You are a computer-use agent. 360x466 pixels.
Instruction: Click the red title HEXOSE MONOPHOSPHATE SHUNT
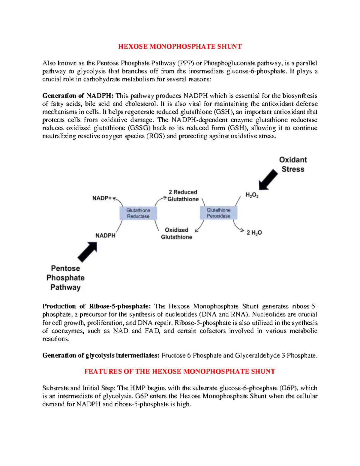point(180,47)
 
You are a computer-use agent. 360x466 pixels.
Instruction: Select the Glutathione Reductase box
point(138,213)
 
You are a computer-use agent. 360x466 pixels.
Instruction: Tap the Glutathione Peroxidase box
point(218,213)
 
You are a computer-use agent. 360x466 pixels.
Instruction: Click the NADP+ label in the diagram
point(102,198)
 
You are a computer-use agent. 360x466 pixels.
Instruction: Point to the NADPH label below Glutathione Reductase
point(105,236)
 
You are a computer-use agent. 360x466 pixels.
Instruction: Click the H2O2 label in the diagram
point(252,195)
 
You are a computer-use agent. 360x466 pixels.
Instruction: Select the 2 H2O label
point(254,233)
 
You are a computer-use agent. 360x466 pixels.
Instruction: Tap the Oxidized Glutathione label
point(176,233)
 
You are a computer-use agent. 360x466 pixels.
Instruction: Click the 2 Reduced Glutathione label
point(183,195)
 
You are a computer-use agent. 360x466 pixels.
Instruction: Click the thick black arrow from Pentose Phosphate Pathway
point(88,251)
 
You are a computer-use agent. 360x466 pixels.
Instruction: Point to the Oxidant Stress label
point(293,164)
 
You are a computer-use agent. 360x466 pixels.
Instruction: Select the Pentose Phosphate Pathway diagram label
point(65,278)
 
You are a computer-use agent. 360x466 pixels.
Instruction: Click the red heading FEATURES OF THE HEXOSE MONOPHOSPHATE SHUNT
point(180,371)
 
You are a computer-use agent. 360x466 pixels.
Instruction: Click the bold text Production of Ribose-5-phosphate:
point(97,306)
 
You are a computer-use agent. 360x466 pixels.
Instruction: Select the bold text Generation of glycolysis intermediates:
point(101,356)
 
